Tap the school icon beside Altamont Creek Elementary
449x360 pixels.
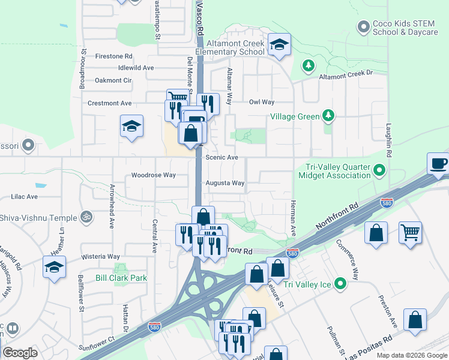pos(279,44)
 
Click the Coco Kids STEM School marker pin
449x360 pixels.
pos(363,27)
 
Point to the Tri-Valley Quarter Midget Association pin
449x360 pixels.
pos(379,171)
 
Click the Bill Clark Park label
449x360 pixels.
pos(121,278)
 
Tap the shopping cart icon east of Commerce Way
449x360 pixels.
pos(410,232)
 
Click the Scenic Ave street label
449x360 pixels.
pos(222,157)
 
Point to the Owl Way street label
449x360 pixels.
pos(262,102)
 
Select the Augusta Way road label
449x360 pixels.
pos(225,183)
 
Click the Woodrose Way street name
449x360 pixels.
pos(153,175)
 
